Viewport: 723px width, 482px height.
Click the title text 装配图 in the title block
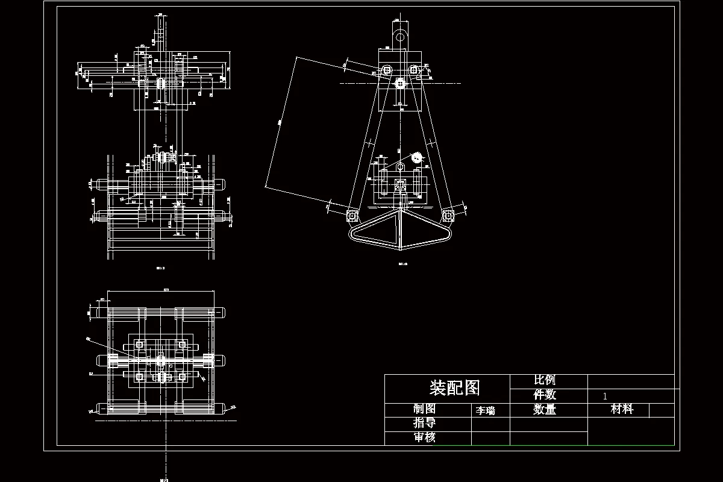tap(454, 387)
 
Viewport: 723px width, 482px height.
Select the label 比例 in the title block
tap(545, 380)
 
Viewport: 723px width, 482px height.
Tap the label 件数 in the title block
tap(545, 395)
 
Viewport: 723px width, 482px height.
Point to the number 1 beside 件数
tap(605, 396)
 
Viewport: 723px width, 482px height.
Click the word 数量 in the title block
tap(545, 410)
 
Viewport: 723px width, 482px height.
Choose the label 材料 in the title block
tap(622, 410)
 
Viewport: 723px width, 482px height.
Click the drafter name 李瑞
tap(485, 411)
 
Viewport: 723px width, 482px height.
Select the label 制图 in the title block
tap(424, 409)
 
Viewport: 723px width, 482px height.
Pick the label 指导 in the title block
tap(424, 423)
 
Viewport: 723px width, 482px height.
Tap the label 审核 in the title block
tap(424, 437)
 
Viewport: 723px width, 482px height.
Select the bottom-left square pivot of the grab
tap(352, 214)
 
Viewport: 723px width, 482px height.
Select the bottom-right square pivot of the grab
tap(448, 214)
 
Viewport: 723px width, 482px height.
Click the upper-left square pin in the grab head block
tap(386, 70)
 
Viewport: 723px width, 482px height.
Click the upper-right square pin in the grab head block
tap(413, 70)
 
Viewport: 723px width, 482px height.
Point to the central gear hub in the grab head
tap(399, 83)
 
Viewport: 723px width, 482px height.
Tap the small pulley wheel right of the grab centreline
tap(416, 158)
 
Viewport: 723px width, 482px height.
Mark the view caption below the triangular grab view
tap(403, 263)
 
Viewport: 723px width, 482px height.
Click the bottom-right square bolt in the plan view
tap(181, 377)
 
